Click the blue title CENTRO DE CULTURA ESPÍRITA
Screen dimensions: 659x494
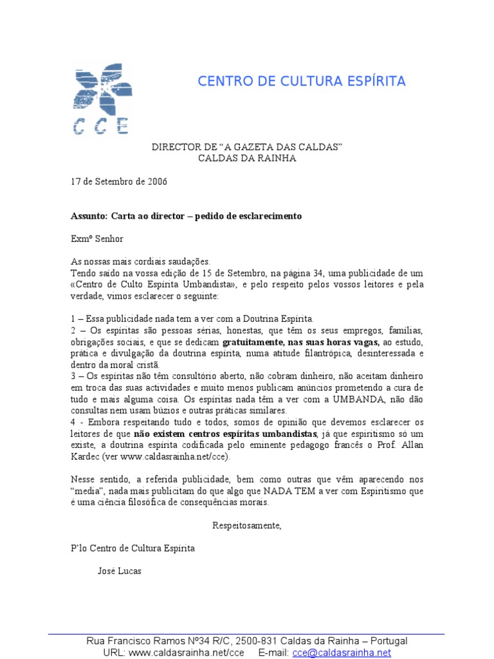click(x=301, y=81)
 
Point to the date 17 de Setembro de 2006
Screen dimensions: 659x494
click(x=118, y=181)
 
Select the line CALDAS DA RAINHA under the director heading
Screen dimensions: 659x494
click(x=247, y=159)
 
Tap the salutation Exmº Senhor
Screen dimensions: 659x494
click(x=96, y=238)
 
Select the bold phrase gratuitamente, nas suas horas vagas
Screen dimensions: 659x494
click(x=301, y=342)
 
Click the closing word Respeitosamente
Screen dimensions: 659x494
click(x=247, y=525)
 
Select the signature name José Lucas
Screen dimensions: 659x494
click(x=120, y=571)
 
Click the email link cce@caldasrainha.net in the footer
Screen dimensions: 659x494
click(x=342, y=653)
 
